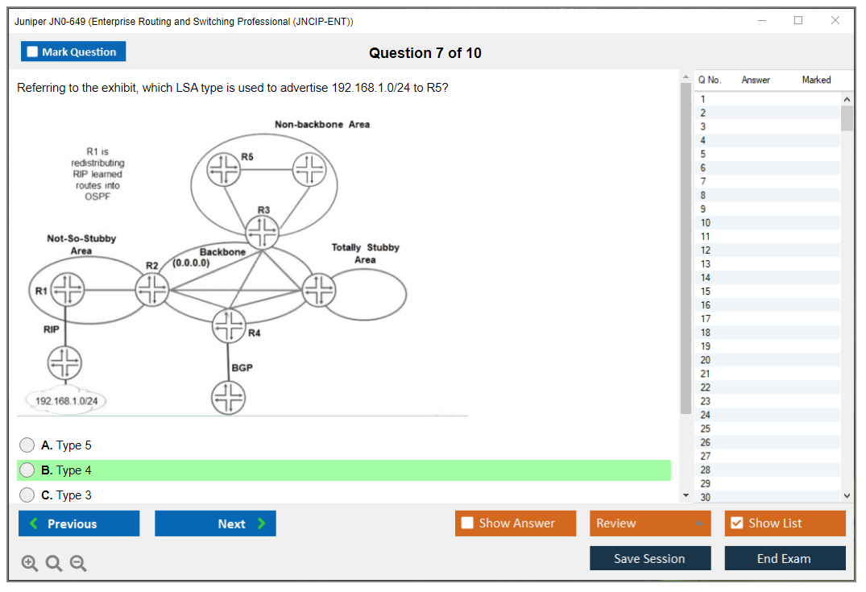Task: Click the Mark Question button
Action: [73, 52]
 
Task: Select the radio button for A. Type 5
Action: [27, 445]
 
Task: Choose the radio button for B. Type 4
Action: [27, 470]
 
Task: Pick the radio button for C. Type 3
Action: [27, 495]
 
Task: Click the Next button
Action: [215, 524]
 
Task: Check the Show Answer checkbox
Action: [468, 524]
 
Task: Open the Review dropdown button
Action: [650, 524]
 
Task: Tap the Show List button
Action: [785, 524]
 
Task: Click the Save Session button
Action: [649, 558]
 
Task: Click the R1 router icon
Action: [68, 290]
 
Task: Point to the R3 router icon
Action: [262, 234]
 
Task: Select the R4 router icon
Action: [229, 325]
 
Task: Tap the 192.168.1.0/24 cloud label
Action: [67, 400]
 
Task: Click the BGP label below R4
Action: [242, 367]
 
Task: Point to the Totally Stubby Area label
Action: [365, 253]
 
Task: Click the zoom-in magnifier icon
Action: [30, 564]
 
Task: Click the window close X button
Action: [835, 21]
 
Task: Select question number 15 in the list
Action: [706, 292]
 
